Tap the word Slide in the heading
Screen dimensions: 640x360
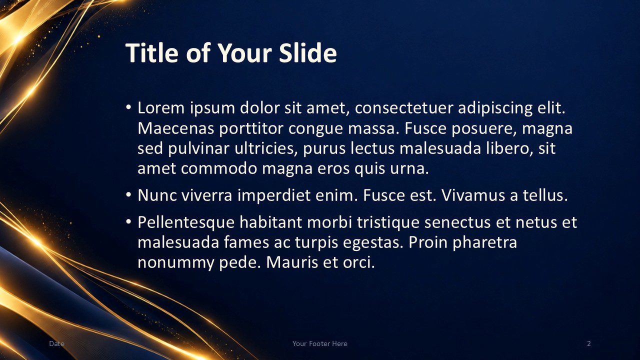point(307,53)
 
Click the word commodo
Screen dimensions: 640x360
point(219,168)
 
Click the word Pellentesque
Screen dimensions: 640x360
point(186,222)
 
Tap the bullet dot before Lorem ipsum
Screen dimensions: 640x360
point(128,108)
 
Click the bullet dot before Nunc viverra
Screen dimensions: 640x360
point(128,195)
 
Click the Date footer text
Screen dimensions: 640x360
point(56,343)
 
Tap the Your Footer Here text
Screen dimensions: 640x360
point(320,343)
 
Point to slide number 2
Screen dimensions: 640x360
point(589,343)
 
